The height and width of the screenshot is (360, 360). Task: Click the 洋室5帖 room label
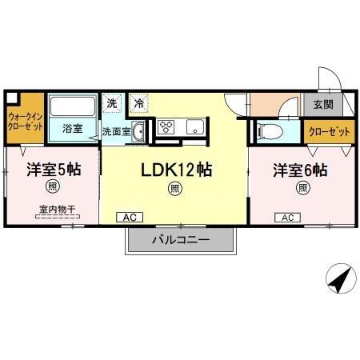53,170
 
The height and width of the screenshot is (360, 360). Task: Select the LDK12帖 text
175,170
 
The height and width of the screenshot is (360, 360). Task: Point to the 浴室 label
72,128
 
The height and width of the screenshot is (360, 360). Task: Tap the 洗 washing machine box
112,103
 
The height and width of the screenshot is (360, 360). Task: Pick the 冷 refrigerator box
139,103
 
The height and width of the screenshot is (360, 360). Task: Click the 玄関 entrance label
323,105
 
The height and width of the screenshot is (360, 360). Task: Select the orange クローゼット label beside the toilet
323,131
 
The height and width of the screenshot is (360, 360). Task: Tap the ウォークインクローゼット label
24,121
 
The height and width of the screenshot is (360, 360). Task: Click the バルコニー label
181,239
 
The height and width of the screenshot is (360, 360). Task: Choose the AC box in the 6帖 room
287,217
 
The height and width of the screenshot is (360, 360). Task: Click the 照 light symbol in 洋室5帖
52,189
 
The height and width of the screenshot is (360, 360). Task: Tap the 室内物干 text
52,210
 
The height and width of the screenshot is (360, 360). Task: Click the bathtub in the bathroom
73,106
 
